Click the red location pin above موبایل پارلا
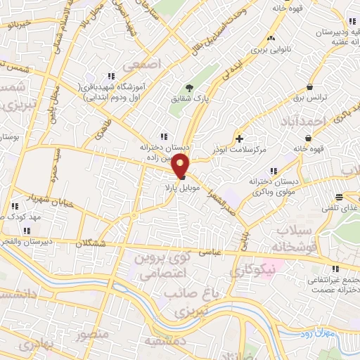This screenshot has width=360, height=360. [x=181, y=167]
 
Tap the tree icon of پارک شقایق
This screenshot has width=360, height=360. [x=189, y=88]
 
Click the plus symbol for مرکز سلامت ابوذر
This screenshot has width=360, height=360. [x=240, y=139]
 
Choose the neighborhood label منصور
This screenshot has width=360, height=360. [x=93, y=333]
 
